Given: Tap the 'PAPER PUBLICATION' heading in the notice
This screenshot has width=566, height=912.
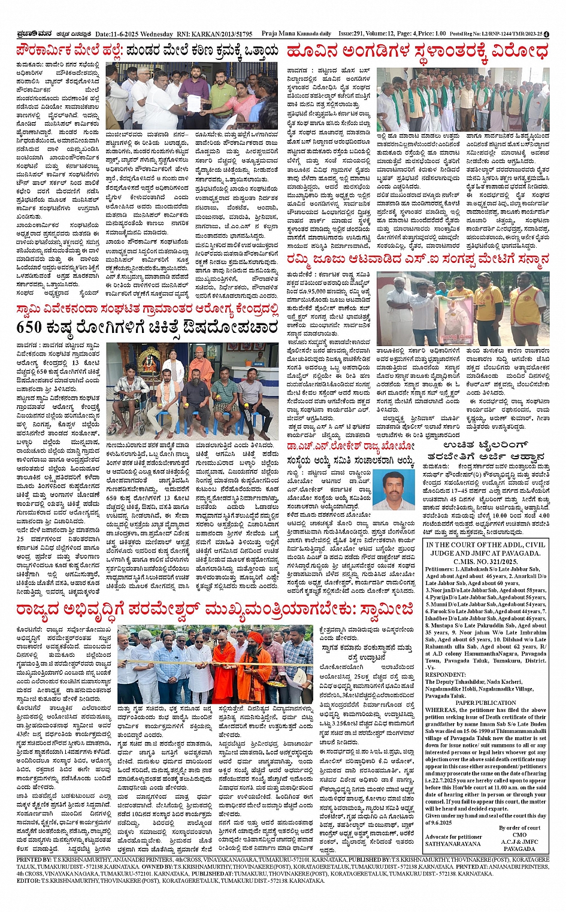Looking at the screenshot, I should point(486,703).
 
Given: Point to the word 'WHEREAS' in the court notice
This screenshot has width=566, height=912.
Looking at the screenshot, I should point(441,710).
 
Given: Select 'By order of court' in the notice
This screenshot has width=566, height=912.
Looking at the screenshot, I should point(519,828).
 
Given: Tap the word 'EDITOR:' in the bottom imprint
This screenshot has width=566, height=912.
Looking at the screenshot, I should point(28,881).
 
